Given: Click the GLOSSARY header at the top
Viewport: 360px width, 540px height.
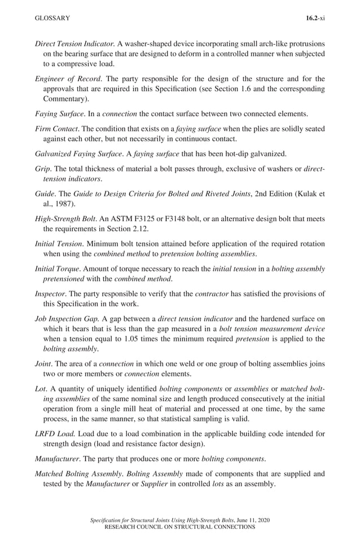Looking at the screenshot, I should pyautogui.click(x=52, y=18).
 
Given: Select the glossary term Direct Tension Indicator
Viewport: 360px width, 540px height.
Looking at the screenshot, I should pyautogui.click(x=75, y=43).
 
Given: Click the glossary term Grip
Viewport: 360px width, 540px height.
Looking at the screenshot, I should pyautogui.click(x=42, y=168).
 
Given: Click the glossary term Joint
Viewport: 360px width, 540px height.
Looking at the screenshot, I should pyautogui.click(x=43, y=363).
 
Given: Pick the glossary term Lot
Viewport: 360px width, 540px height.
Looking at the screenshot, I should pyautogui.click(x=41, y=388).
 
